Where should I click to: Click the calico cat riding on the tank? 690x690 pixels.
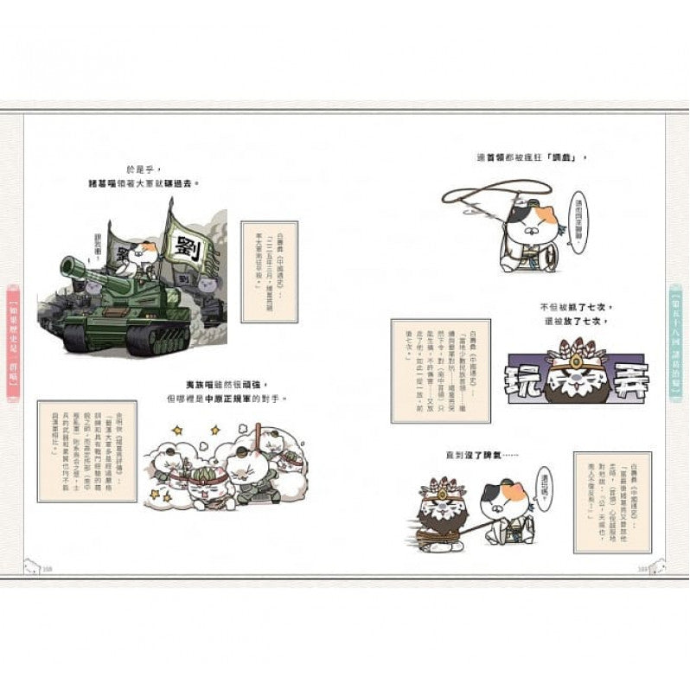[x=146, y=257]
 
